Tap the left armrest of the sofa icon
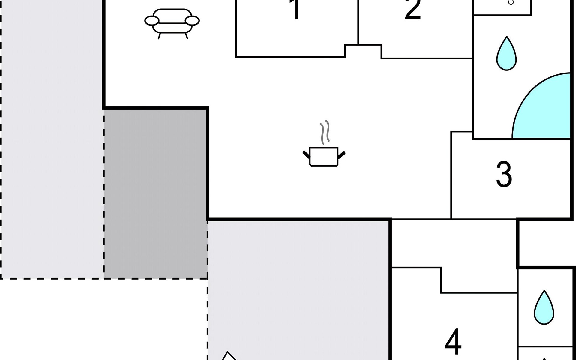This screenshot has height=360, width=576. coord(152,21)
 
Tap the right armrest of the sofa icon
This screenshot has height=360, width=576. coord(192,21)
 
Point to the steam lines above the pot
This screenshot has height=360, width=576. coord(324,132)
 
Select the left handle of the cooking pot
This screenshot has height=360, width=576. coord(306,154)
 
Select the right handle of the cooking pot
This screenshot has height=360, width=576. coord(342,154)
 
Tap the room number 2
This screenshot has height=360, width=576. coord(413,10)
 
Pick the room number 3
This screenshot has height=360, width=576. coord(504,174)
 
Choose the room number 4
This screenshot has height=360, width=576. coord(453,341)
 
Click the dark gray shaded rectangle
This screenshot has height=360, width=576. coord(155,194)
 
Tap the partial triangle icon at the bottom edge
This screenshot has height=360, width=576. coord(229,356)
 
